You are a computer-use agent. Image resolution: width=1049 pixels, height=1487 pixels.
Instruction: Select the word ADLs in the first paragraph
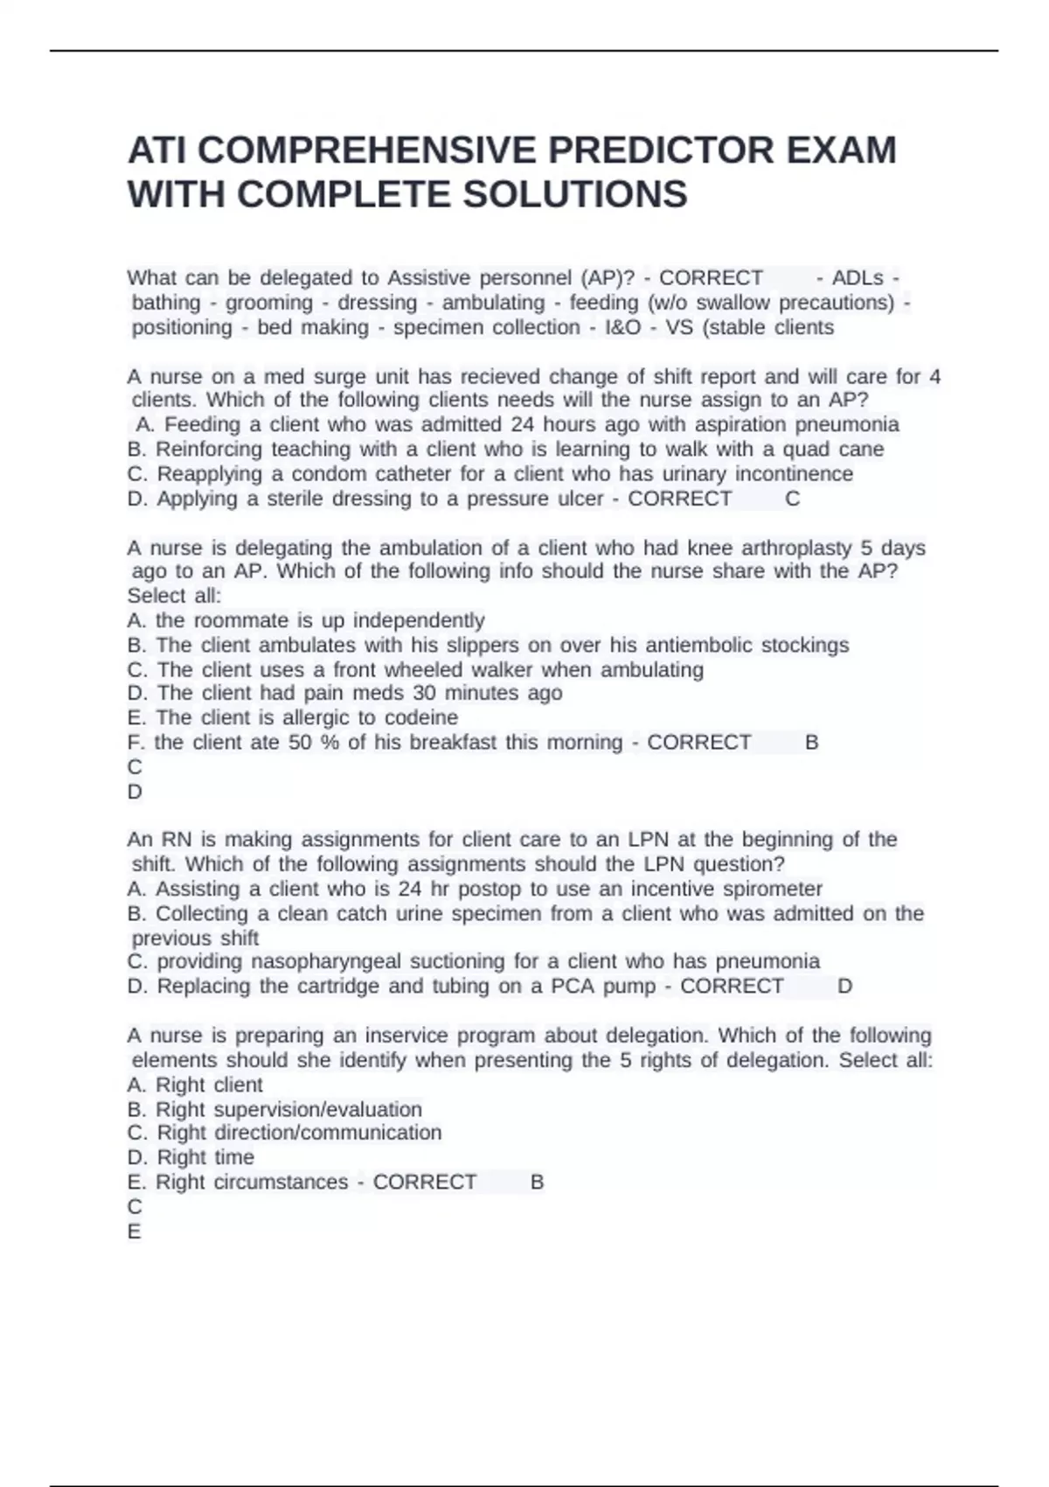tap(858, 278)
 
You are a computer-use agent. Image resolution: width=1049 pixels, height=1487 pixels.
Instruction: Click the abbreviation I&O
tap(622, 327)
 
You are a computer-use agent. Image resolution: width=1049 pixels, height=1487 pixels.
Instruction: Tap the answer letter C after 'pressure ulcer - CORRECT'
tap(793, 499)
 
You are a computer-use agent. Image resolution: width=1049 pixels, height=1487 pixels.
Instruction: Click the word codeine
tap(421, 718)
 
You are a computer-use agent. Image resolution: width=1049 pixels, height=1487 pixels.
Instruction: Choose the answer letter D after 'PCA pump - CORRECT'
tap(844, 987)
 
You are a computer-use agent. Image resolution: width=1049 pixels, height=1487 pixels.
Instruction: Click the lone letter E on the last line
tap(135, 1232)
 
